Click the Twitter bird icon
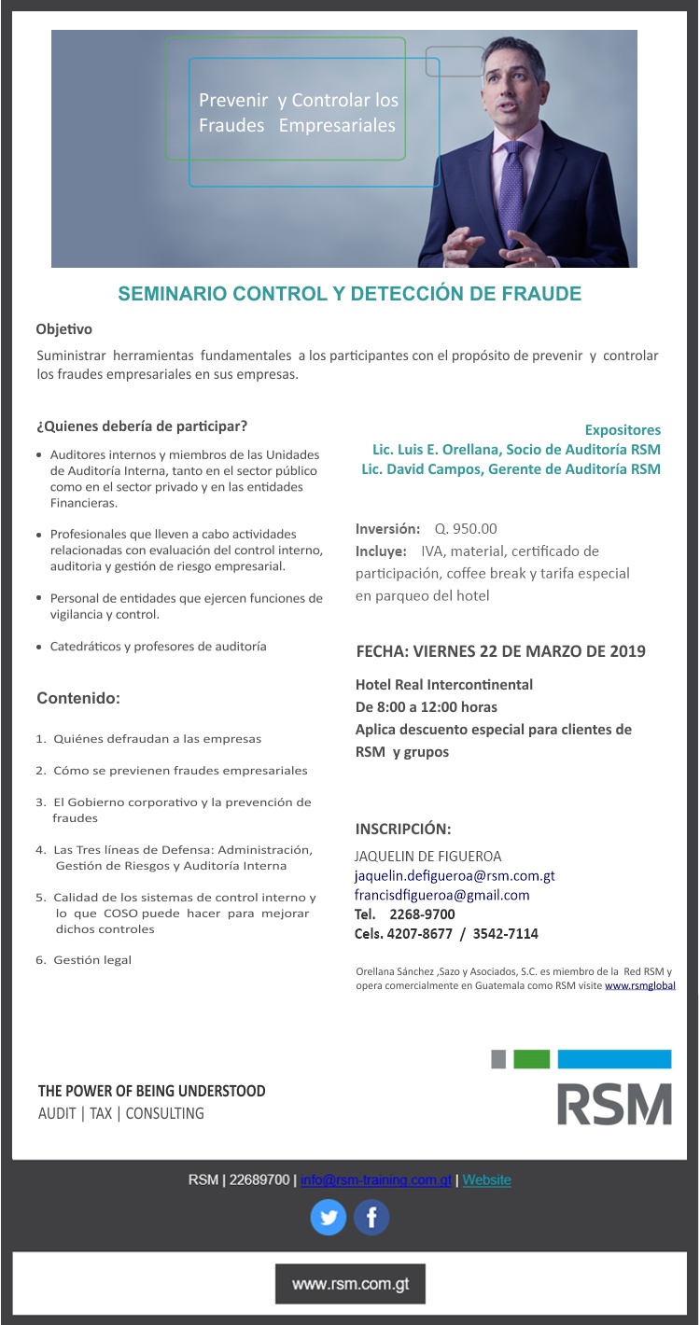(328, 1218)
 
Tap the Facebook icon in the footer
(371, 1218)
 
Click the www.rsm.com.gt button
(350, 1284)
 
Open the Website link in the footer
(487, 1180)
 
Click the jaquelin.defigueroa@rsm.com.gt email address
(455, 876)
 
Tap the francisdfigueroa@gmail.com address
(441, 895)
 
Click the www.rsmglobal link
(640, 985)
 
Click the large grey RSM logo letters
(614, 1104)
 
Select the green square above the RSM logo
(531, 1059)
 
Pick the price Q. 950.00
(466, 529)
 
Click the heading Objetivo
(63, 329)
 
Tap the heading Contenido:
(78, 698)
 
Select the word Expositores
(623, 430)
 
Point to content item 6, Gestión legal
(91, 960)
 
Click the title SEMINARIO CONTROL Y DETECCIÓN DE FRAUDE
(349, 295)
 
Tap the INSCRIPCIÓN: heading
(403, 829)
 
